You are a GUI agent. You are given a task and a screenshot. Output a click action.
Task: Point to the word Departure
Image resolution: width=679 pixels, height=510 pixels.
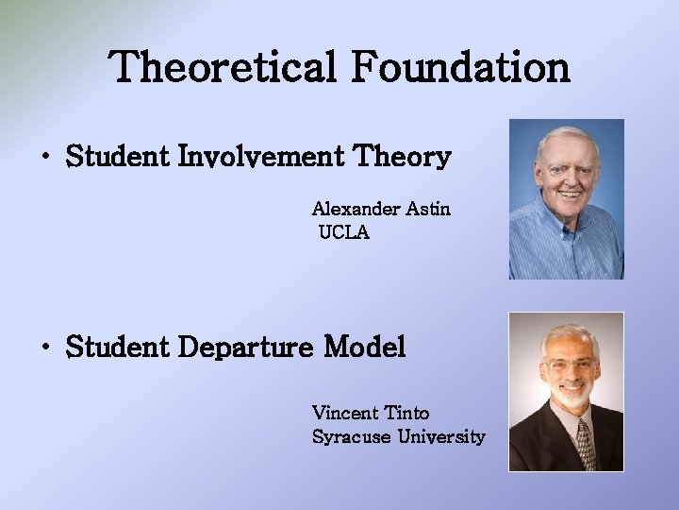point(245,348)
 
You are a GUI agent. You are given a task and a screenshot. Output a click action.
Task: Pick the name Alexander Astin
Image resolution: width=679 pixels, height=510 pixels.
point(381,209)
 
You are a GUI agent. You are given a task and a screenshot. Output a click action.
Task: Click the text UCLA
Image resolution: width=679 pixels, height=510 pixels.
point(344,232)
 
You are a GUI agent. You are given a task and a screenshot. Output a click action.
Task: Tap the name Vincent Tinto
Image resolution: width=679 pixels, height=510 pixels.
point(371,413)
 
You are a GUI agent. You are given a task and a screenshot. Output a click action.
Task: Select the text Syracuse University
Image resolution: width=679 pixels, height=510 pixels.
point(398,436)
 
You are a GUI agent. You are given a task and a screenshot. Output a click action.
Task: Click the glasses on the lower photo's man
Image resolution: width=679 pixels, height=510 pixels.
point(569,364)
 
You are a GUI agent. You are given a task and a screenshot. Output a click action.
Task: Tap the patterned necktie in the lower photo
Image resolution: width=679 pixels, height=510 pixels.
point(584,444)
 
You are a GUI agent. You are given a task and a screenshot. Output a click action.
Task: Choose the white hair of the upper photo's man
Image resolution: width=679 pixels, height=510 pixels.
point(566,138)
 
